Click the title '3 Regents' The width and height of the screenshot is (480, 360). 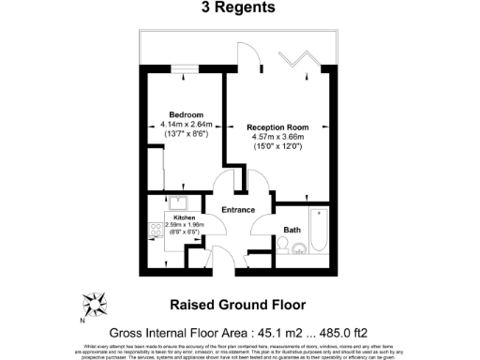coord(238,8)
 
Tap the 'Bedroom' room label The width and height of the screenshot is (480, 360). coord(184,114)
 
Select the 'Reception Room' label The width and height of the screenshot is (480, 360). coord(277,126)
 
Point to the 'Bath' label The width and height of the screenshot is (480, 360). coord(292,229)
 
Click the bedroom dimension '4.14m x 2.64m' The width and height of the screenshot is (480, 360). coord(184,125)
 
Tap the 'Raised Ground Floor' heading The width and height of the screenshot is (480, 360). coord(239,304)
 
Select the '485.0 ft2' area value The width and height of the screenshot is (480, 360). coord(359,332)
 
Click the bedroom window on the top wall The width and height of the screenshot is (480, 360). coord(184,67)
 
